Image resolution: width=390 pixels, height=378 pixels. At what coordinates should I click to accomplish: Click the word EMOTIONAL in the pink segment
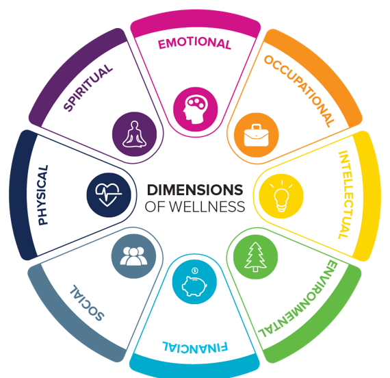(195, 43)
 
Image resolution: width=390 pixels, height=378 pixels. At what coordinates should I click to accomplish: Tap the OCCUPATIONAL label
(299, 91)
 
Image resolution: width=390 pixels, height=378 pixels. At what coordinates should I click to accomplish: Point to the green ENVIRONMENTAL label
(298, 299)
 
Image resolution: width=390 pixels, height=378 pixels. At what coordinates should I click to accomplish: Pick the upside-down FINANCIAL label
(195, 346)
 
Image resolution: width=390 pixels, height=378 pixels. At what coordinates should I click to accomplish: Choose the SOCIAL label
(87, 303)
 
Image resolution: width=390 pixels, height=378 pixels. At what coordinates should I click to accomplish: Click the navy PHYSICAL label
(43, 195)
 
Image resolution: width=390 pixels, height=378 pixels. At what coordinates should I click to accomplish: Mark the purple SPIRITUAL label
(88, 88)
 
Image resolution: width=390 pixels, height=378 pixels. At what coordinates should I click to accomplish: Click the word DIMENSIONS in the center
(195, 190)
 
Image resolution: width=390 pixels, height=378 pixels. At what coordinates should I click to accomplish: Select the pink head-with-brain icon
(195, 109)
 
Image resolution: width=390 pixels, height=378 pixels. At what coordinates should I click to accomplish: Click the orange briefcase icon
(256, 135)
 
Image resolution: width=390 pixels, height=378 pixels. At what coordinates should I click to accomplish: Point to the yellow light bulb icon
(281, 196)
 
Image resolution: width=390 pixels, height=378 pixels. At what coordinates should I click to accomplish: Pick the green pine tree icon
(255, 257)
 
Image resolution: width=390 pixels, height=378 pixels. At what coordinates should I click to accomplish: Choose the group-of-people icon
(133, 256)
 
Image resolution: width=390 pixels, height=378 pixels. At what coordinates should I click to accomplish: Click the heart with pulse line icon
(109, 195)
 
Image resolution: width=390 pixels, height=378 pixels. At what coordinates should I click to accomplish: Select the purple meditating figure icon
(134, 134)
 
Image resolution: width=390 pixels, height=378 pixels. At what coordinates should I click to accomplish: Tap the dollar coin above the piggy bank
(195, 270)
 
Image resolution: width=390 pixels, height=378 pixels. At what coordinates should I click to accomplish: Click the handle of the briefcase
(256, 127)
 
